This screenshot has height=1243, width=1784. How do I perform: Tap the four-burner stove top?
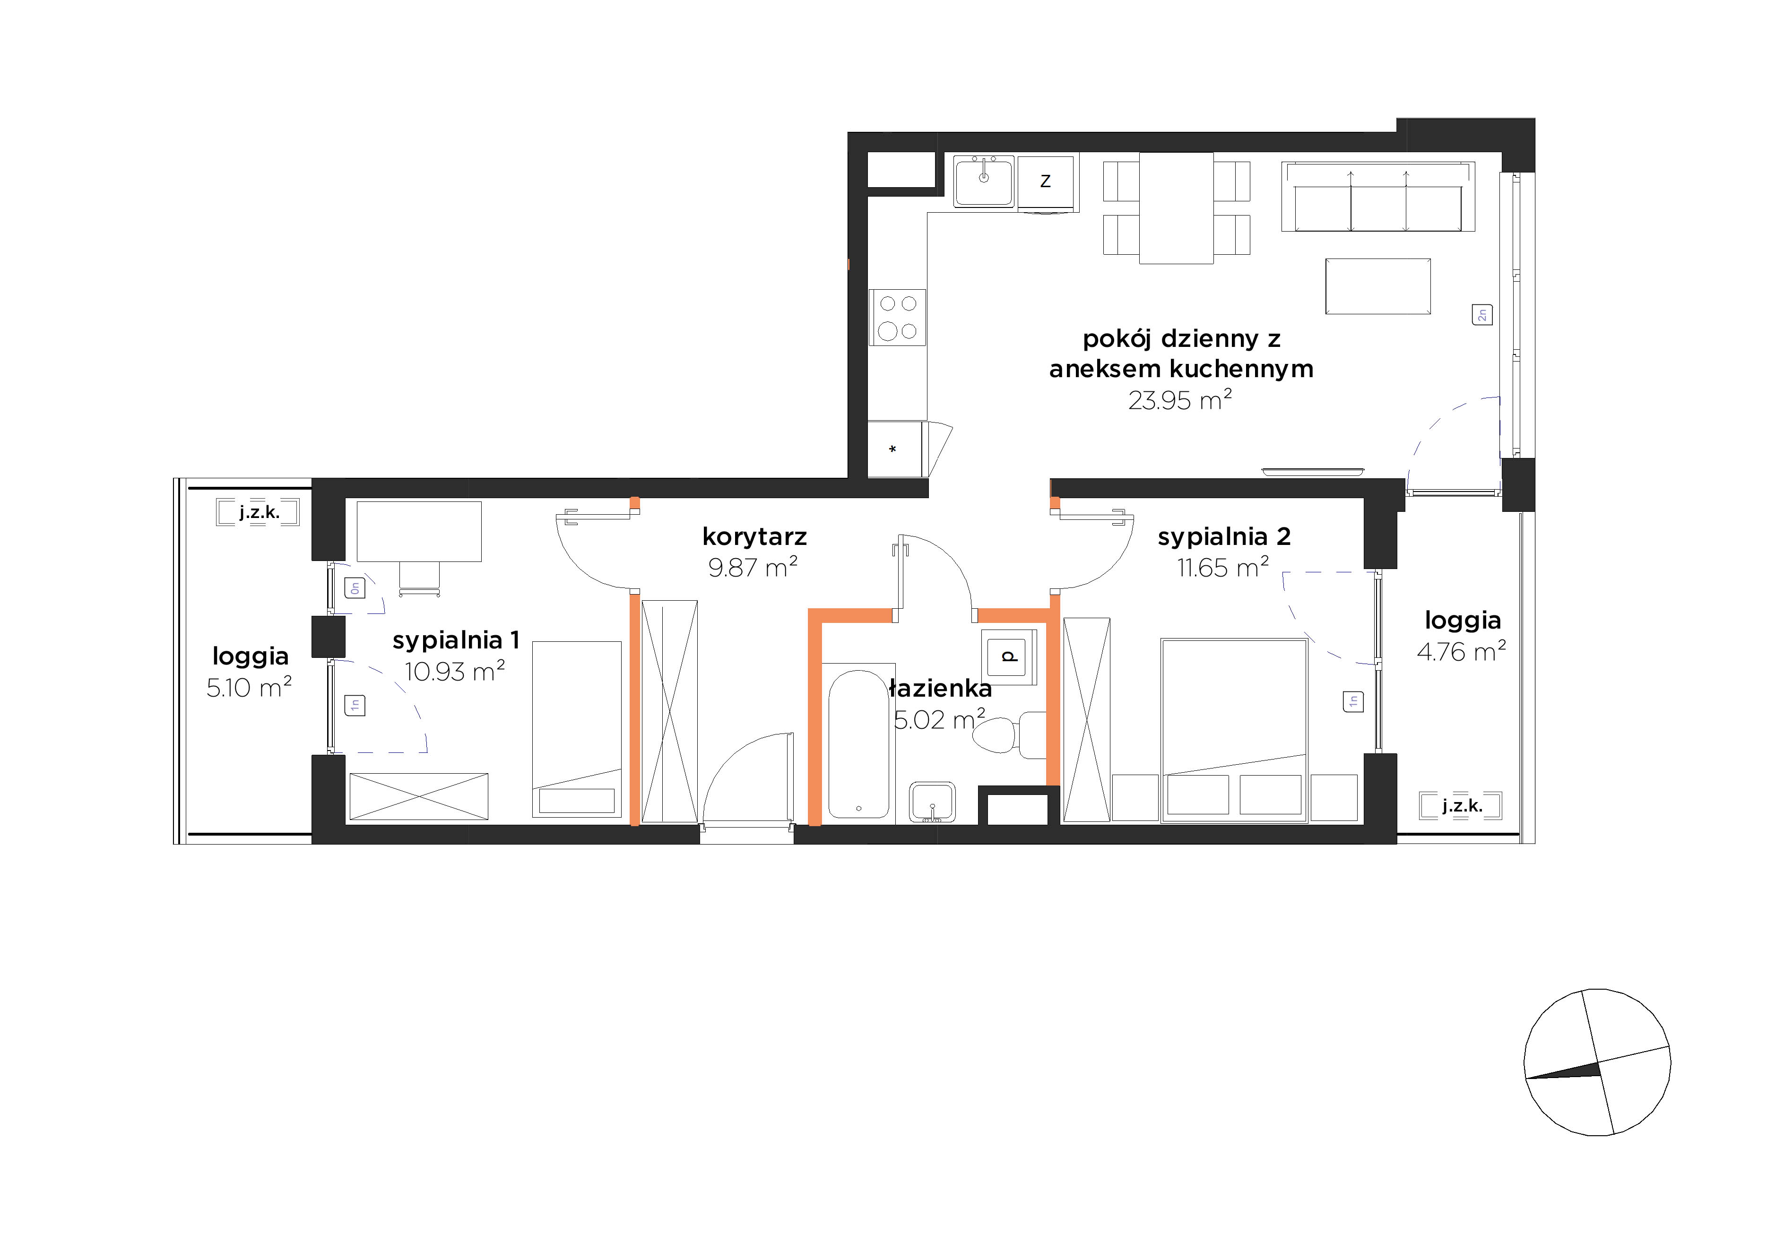(x=898, y=317)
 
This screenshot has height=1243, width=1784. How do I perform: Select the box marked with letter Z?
(x=1046, y=182)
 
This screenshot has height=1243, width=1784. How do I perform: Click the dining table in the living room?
(x=1177, y=207)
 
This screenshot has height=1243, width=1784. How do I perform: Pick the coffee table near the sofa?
(x=1377, y=286)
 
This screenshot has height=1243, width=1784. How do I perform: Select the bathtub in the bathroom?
(x=858, y=743)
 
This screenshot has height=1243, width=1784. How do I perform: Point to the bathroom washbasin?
(x=932, y=802)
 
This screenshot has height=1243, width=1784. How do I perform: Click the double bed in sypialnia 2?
(x=1234, y=730)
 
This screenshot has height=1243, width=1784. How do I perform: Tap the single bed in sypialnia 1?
(x=577, y=729)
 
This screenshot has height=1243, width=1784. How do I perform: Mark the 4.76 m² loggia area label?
(x=1462, y=651)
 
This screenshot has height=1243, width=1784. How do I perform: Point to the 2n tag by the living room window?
(x=1482, y=315)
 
